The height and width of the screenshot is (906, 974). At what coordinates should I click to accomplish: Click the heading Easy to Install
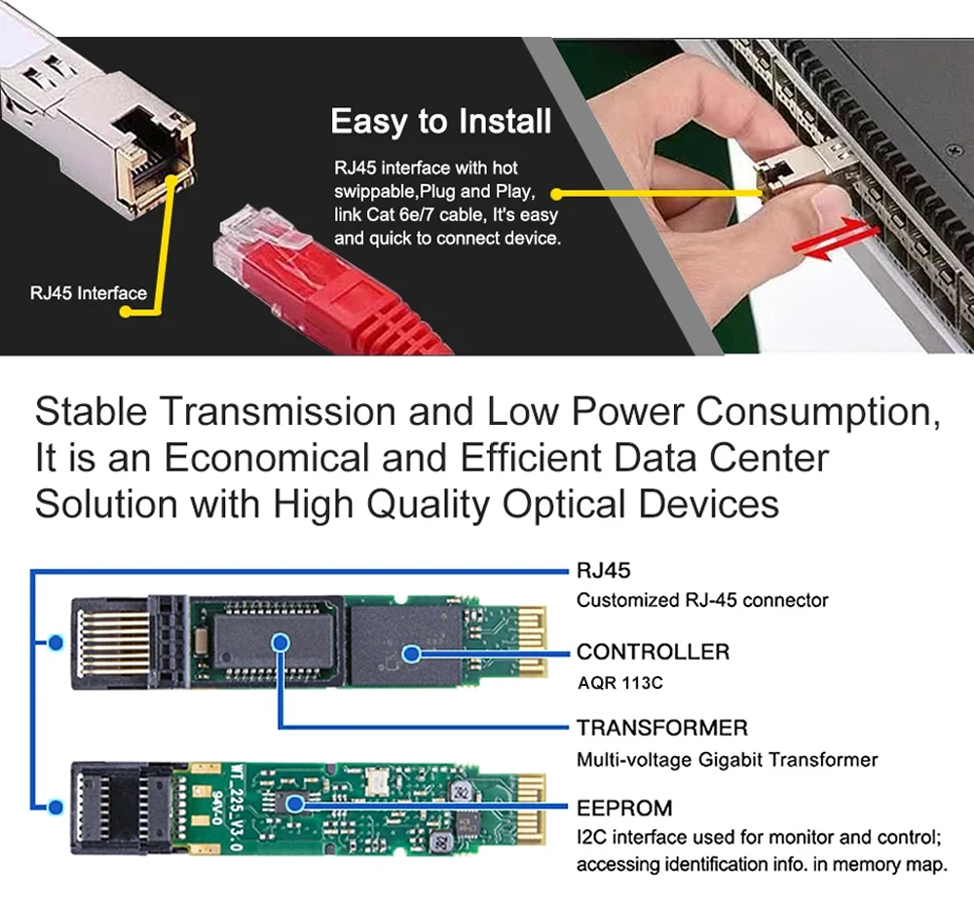pos(440,122)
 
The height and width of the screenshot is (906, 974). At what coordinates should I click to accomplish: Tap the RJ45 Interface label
pos(89,292)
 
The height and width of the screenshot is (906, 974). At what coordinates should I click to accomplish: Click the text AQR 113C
pos(619,683)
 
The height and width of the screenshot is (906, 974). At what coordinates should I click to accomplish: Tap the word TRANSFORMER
pos(662,728)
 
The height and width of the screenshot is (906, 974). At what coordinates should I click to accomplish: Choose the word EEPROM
pos(624,808)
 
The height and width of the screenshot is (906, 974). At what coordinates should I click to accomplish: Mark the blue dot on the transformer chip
pos(281,642)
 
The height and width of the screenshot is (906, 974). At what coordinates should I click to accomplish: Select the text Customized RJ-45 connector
pos(702,600)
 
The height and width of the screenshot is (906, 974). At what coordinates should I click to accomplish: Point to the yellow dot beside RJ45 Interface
pos(125,312)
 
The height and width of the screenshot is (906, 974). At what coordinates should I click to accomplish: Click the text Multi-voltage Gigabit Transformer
pos(727,759)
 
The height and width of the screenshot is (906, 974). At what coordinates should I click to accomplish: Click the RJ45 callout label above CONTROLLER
pos(604,571)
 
